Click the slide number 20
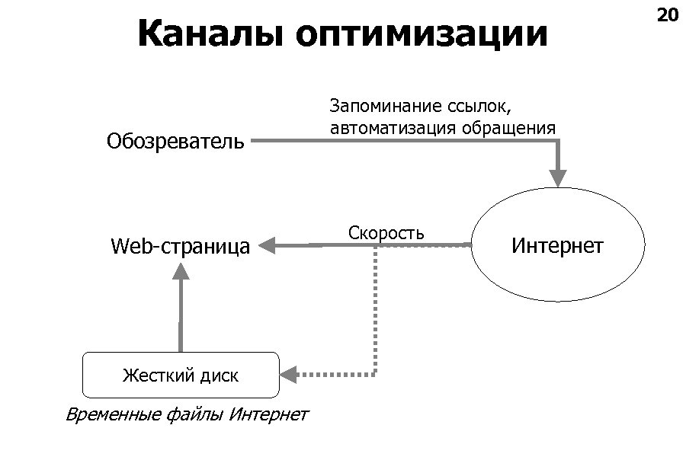[667, 15]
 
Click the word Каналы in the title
[210, 34]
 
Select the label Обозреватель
[176, 141]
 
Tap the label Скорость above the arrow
[386, 232]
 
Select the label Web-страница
[180, 246]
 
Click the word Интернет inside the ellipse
[557, 246]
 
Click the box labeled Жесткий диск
[181, 376]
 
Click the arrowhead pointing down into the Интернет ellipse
[558, 178]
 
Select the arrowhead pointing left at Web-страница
[268, 245]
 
